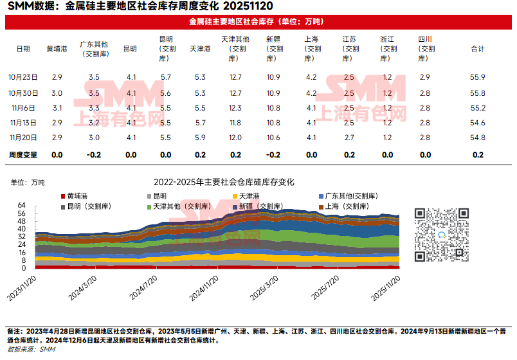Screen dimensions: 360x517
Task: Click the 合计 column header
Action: point(477,49)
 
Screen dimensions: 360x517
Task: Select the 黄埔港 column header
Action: point(57,49)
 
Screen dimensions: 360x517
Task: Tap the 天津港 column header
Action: point(200,49)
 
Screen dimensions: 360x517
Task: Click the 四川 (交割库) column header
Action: point(424,49)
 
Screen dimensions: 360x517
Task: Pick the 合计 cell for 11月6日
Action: point(477,108)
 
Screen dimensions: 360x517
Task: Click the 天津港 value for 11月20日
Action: point(200,138)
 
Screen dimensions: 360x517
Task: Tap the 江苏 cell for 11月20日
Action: point(349,138)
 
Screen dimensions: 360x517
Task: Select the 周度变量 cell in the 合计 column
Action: point(477,155)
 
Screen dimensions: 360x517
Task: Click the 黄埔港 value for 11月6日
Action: point(57,108)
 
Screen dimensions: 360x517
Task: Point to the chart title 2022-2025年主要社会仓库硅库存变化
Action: point(224,183)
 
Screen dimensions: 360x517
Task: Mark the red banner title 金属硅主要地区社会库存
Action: point(258,21)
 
